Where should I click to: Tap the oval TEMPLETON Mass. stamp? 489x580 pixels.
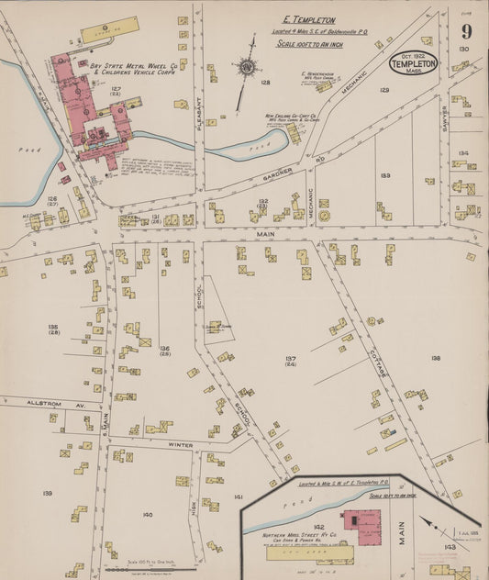pos(413,63)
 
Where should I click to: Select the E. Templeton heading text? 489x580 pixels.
pos(308,19)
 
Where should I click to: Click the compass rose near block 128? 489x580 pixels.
pos(246,66)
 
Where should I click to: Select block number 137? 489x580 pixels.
pos(290,359)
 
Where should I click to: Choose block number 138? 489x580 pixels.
pos(435,358)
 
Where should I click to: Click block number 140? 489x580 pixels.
pos(147,514)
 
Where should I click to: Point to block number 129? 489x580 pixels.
pos(384,90)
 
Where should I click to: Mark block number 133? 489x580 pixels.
pos(385,174)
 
